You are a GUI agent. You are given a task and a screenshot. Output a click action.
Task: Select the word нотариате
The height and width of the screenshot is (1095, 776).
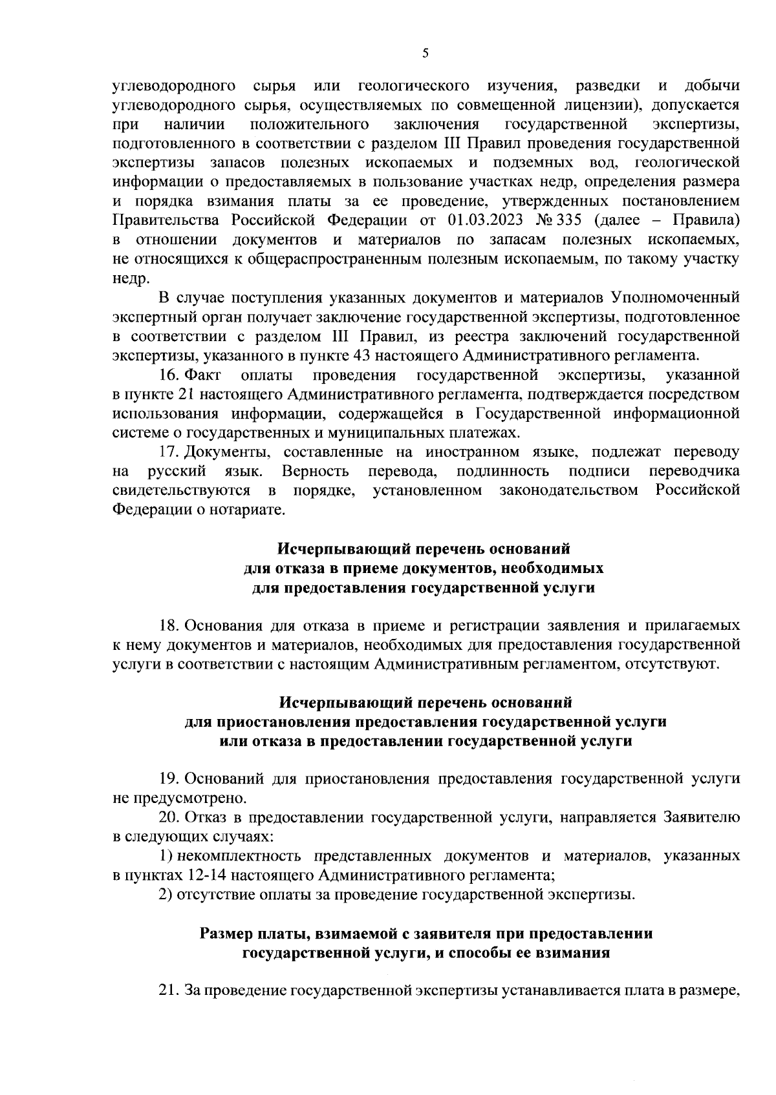[248, 510]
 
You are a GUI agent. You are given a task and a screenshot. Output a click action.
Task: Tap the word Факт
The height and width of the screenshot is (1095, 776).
[203, 374]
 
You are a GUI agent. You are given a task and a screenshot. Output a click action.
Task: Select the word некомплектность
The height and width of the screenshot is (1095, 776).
[239, 856]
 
